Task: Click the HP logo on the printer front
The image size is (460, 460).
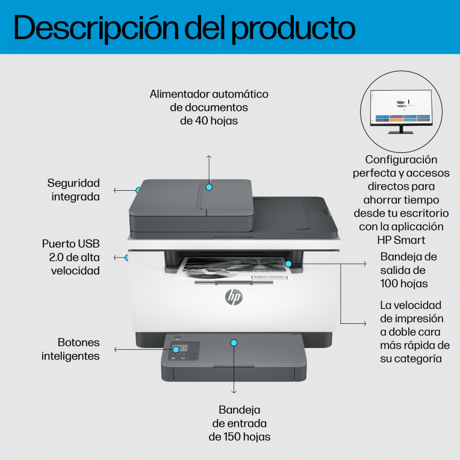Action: [234, 297]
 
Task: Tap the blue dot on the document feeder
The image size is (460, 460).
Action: [209, 187]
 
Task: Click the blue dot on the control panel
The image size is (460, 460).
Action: [176, 349]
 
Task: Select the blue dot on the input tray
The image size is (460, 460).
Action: [234, 343]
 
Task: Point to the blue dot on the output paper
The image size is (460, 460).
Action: [288, 264]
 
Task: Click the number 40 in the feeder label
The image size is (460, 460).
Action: [201, 120]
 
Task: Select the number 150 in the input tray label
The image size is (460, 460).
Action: [232, 437]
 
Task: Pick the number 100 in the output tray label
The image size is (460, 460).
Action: [389, 284]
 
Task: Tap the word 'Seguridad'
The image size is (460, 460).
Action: [73, 184]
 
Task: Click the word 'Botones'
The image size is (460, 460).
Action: [79, 343]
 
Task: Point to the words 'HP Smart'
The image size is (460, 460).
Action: [401, 240]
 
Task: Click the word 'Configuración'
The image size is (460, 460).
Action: [401, 160]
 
